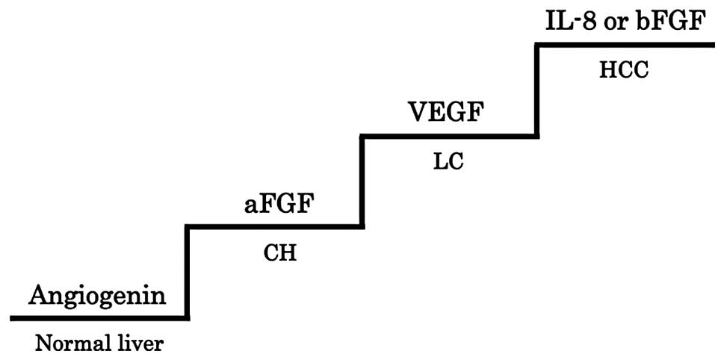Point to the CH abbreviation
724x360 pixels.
click(280, 252)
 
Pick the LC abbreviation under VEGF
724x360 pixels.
click(448, 162)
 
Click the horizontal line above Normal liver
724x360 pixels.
click(97, 318)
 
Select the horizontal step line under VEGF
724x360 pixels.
click(448, 136)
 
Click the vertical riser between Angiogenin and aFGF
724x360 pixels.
click(186, 273)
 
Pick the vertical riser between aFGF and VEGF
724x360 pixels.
click(362, 181)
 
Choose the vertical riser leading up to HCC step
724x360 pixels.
click(536, 90)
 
